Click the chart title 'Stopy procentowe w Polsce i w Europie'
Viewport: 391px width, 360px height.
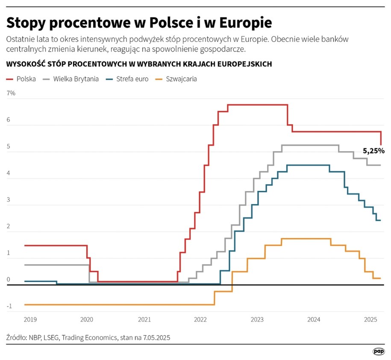click(x=139, y=22)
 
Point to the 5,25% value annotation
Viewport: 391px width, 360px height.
click(x=373, y=151)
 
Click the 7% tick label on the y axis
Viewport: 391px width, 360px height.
click(x=11, y=93)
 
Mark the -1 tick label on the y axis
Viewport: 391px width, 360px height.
click(x=9, y=306)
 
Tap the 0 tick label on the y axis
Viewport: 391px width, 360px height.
click(x=8, y=279)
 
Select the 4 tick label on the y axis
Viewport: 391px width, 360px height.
click(x=8, y=173)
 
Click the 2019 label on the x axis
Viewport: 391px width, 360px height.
click(x=30, y=319)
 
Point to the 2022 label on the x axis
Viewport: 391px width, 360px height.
click(x=200, y=319)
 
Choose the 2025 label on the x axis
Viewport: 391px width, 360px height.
click(x=370, y=319)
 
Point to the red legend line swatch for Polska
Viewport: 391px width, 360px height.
click(x=10, y=79)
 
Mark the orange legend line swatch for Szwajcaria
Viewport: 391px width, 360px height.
click(x=160, y=79)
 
